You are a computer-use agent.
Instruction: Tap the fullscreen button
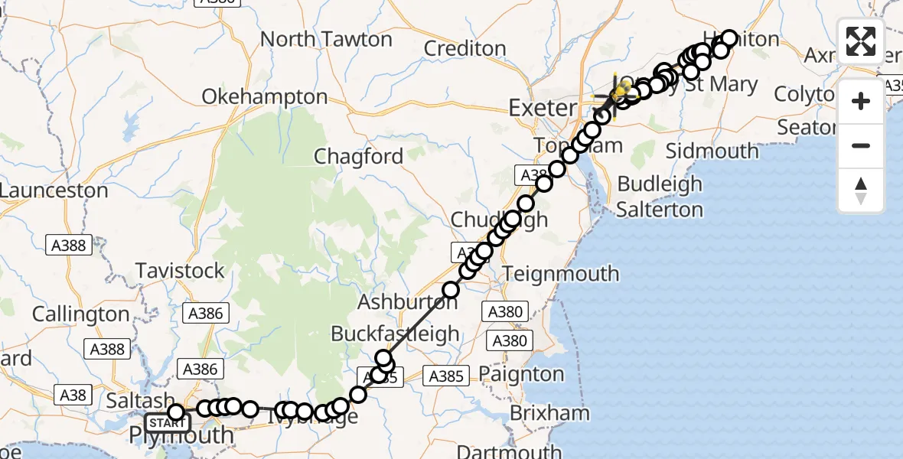(861, 41)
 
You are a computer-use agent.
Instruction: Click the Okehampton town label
(265, 98)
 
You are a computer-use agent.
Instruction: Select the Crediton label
(465, 48)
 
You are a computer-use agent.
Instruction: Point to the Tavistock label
(181, 271)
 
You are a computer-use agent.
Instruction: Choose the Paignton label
(523, 374)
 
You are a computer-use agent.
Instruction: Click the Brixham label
(550, 413)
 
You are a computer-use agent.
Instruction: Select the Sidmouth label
(712, 150)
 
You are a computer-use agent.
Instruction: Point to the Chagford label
(358, 157)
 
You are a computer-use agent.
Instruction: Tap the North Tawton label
(321, 38)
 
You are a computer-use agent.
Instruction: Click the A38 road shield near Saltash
(73, 395)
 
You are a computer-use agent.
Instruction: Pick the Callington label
(81, 314)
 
